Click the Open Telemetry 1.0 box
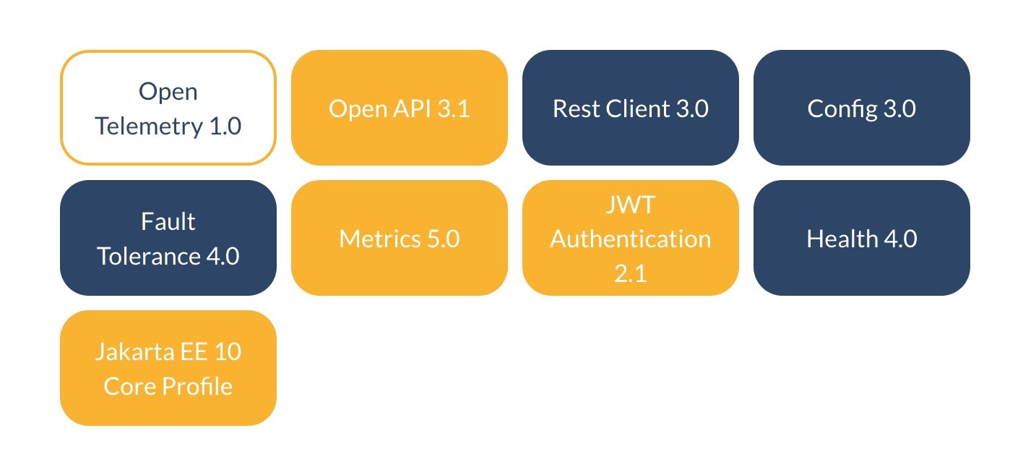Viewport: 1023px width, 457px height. (168, 108)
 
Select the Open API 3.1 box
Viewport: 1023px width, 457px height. (399, 108)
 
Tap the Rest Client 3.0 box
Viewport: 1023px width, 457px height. (630, 108)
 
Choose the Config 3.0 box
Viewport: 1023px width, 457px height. (861, 108)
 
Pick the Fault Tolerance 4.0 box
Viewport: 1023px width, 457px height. (168, 238)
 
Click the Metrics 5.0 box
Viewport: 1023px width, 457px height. (399, 238)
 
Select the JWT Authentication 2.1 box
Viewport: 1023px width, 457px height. (630, 238)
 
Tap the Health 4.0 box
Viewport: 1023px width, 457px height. (861, 238)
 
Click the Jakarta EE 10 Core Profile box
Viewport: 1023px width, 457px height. (168, 368)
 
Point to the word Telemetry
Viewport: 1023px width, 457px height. (148, 127)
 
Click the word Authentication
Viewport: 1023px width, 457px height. (630, 239)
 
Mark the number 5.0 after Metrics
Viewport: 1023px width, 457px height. (439, 239)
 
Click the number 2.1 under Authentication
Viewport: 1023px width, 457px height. (630, 273)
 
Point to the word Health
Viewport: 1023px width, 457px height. (839, 239)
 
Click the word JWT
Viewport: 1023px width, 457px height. (630, 205)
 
